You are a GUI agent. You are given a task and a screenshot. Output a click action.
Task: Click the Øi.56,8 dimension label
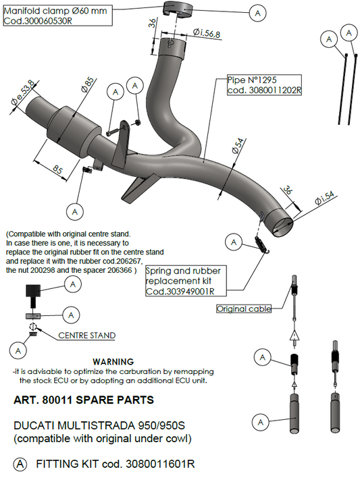click(x=207, y=33)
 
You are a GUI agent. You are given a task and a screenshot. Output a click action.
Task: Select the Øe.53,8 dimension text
click(x=23, y=97)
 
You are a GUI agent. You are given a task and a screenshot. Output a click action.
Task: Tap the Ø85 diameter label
click(x=88, y=85)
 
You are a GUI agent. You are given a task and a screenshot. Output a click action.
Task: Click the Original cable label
click(x=244, y=309)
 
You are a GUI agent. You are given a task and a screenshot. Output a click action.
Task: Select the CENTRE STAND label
click(x=87, y=336)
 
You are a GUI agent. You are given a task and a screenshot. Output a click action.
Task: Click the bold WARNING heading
click(x=113, y=362)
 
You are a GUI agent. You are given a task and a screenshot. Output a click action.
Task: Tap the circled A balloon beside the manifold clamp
click(x=257, y=13)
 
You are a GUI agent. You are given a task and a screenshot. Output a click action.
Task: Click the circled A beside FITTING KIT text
click(x=20, y=464)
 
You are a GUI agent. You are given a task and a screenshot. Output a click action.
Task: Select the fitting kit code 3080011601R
click(x=160, y=464)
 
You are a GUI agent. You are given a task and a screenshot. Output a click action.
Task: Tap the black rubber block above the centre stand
click(x=33, y=291)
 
